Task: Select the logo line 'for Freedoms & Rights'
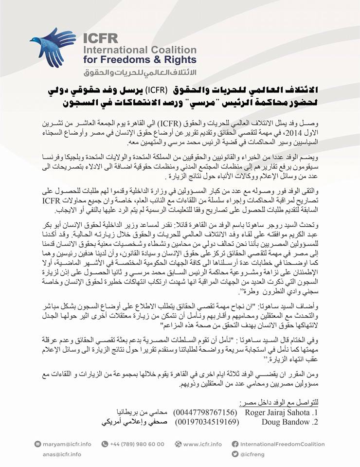coord(140,60)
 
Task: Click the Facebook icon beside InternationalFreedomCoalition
coord(235,444)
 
